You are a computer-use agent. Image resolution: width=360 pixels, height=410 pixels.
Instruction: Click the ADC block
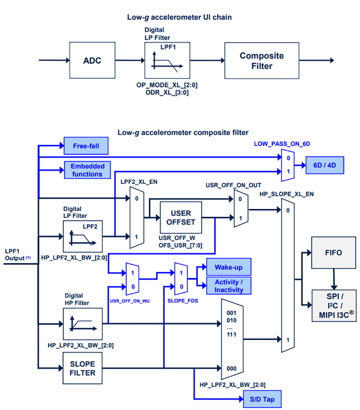tap(92, 61)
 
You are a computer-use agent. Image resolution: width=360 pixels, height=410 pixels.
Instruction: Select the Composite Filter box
tap(261, 61)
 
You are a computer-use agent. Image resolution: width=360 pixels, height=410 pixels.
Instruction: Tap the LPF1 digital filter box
tap(167, 61)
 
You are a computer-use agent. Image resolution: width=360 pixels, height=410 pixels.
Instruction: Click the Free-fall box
tap(86, 146)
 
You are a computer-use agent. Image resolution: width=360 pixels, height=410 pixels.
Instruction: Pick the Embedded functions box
tap(86, 170)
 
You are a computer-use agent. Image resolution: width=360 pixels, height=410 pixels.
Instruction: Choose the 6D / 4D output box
tap(324, 165)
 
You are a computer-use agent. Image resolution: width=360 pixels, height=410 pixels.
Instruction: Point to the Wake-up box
tap(228, 267)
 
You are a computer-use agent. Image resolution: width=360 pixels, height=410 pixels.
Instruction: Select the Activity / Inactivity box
tap(228, 286)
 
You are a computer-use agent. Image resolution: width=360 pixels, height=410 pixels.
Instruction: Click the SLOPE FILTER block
tap(82, 368)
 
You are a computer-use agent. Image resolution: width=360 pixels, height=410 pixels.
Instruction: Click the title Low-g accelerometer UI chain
tap(179, 17)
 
